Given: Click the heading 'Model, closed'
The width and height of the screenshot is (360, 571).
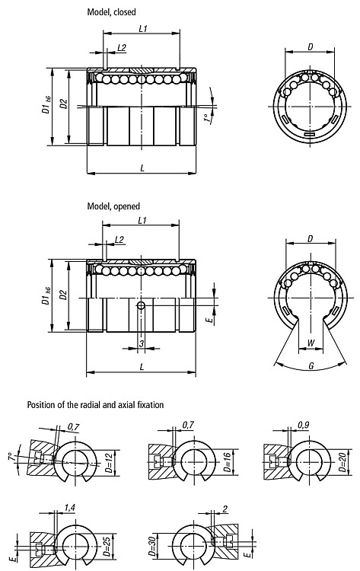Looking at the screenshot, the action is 111,12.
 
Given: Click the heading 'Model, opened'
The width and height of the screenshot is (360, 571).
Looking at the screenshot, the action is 113,206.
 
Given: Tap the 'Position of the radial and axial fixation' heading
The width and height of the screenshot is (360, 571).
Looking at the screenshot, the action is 95,404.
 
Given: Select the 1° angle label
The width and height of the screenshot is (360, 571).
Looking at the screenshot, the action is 207,119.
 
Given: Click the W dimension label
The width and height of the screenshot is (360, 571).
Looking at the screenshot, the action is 311,343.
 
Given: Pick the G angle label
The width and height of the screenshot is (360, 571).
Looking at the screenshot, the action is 311,366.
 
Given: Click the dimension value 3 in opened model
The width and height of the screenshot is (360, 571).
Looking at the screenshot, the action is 142,343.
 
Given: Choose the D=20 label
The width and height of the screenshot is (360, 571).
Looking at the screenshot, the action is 342,463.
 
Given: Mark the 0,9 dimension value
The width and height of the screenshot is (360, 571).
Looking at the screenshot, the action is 303,425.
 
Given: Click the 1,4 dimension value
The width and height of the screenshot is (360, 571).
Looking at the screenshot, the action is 70,507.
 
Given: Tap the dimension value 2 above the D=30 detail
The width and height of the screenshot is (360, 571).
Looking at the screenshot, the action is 225,509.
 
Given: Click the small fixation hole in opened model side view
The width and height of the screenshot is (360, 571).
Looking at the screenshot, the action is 141,305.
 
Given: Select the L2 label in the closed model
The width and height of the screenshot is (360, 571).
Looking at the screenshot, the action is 122,48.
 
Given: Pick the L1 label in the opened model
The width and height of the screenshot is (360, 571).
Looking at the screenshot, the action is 142,220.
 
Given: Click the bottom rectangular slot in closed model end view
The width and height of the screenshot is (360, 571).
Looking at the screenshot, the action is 310,135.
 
